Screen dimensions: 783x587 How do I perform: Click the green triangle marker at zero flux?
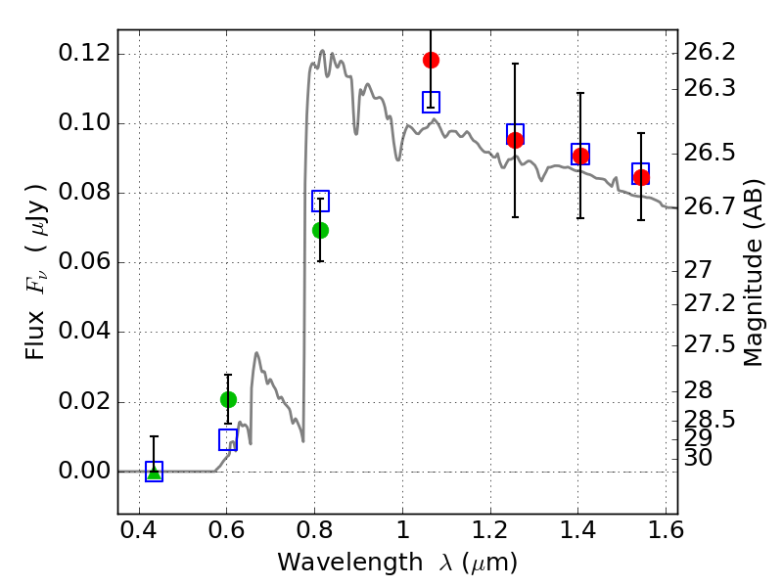tap(155, 472)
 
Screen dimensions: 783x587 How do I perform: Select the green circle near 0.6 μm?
tap(228, 399)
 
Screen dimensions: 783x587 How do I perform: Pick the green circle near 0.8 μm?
tap(321, 230)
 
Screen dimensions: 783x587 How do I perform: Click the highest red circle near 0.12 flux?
tap(431, 61)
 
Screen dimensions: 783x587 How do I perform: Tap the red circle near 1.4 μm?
tap(580, 157)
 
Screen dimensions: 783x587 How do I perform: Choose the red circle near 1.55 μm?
tap(641, 177)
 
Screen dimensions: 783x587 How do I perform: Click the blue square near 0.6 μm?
tap(228, 439)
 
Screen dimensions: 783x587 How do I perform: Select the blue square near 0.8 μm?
tap(321, 201)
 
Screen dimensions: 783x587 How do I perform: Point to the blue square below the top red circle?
tap(431, 102)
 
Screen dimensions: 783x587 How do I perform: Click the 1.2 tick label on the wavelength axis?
tap(491, 530)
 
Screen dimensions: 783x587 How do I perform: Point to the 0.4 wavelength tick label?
tap(139, 530)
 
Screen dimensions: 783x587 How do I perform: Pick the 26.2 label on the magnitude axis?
tap(709, 52)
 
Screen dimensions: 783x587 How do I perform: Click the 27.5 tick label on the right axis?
tap(709, 345)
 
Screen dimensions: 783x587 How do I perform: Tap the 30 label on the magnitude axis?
tap(698, 458)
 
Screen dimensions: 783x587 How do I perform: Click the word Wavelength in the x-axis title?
tap(350, 563)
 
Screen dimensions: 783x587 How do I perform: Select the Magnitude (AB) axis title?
tap(753, 273)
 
